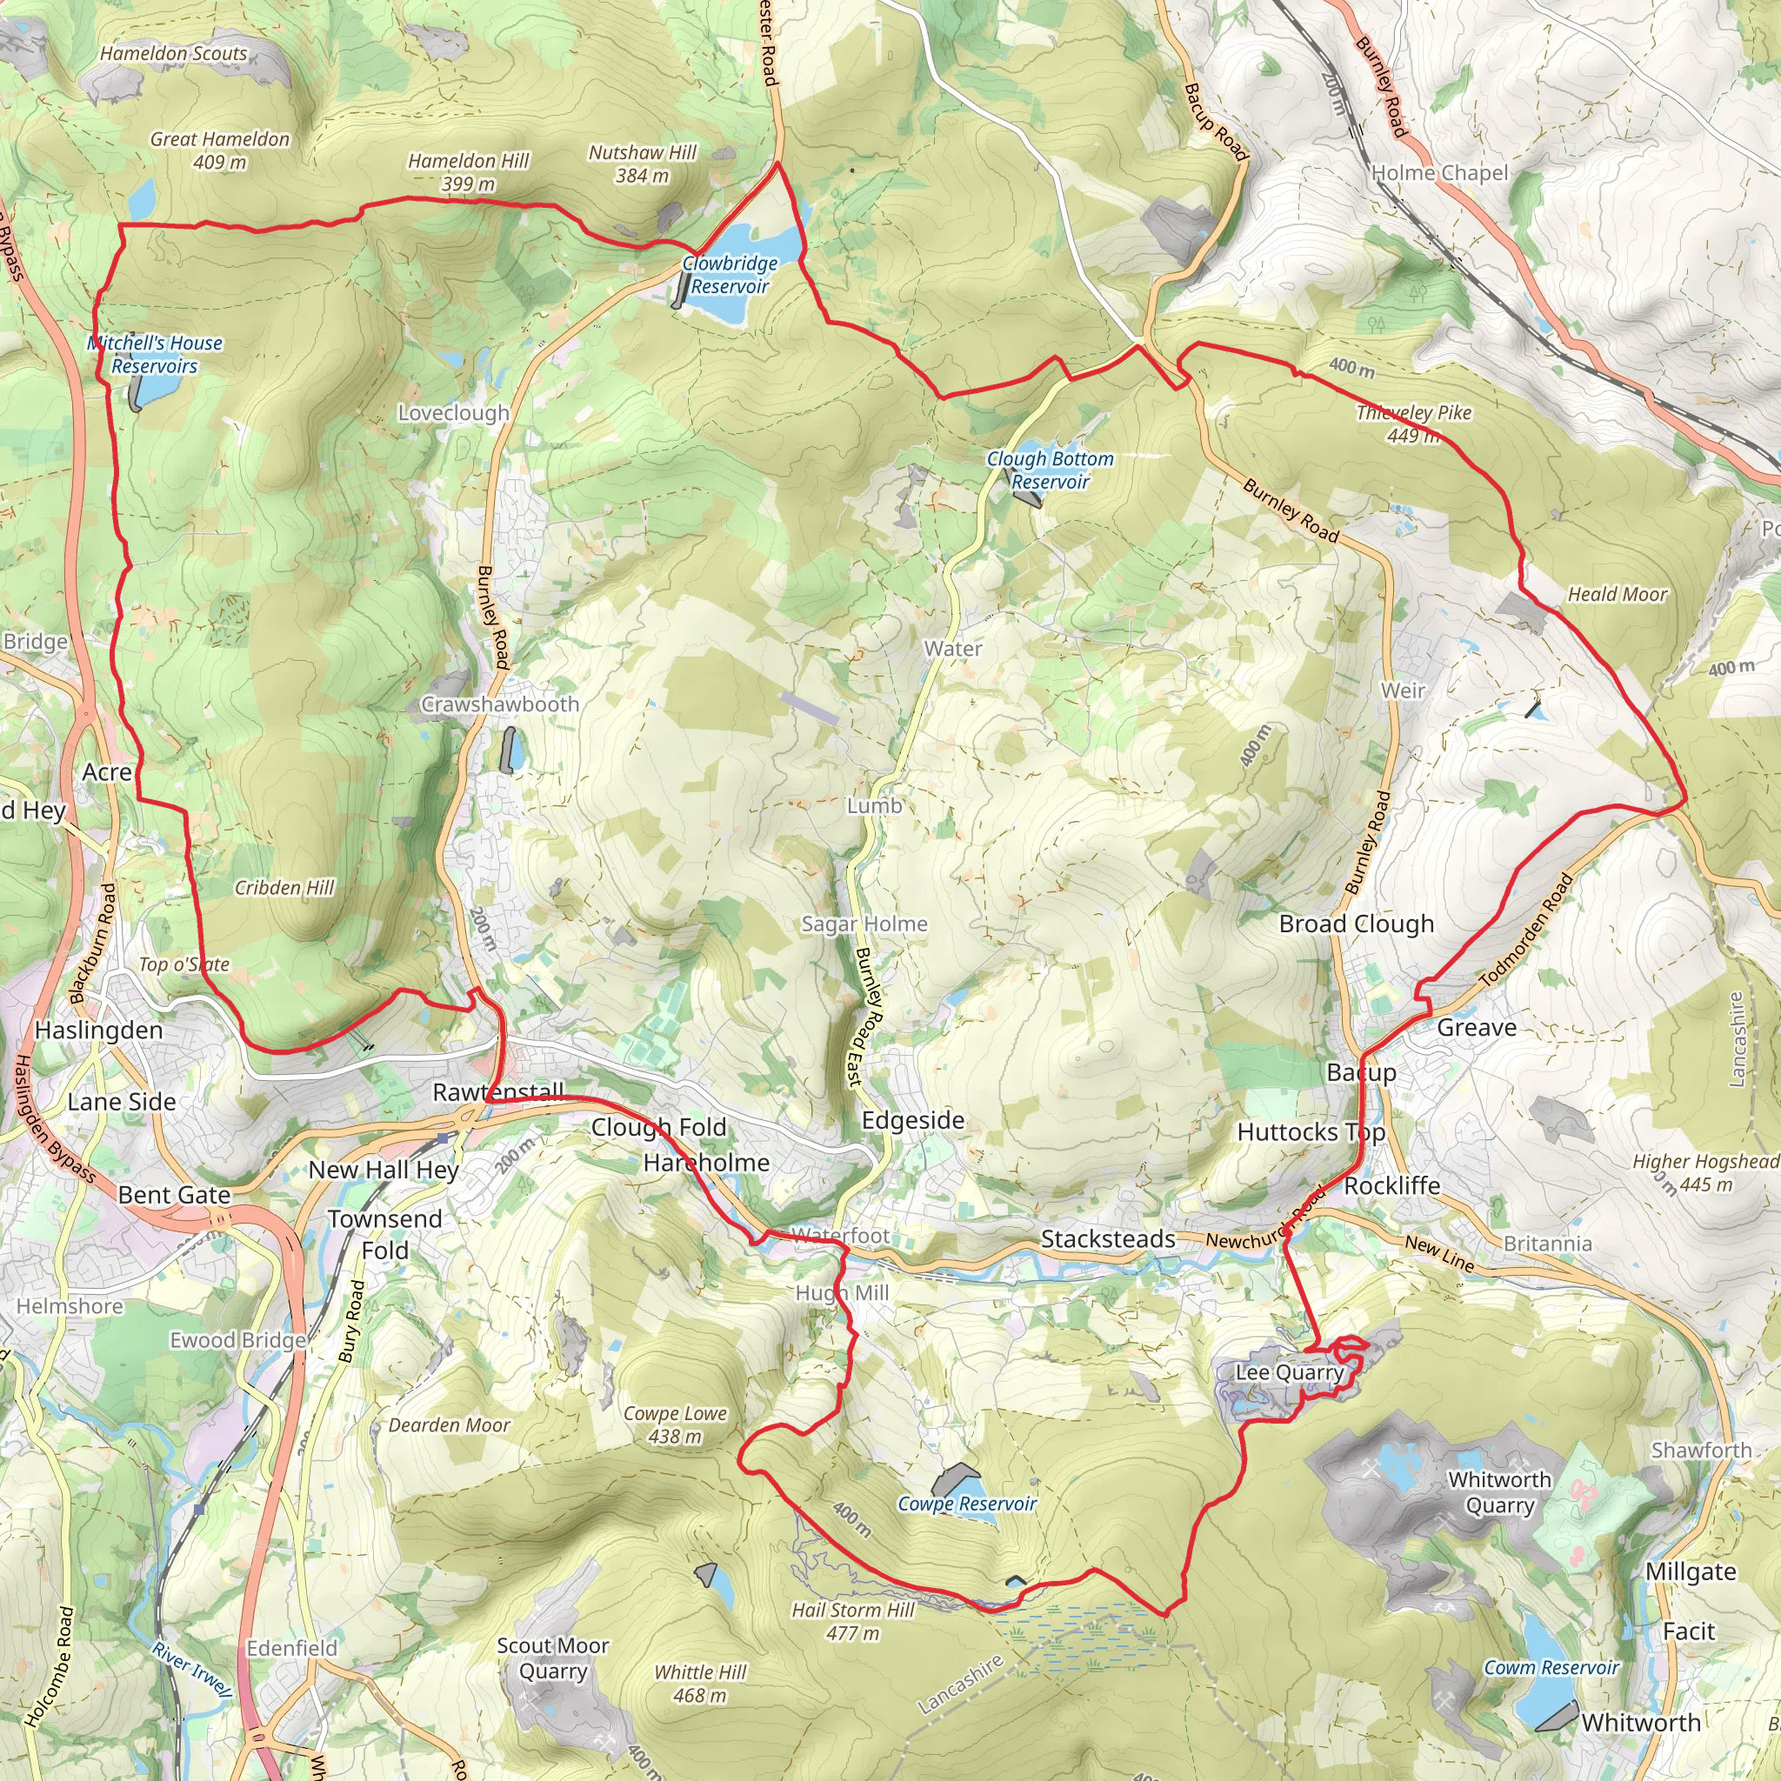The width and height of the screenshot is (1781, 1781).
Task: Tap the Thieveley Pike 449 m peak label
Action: (x=1413, y=424)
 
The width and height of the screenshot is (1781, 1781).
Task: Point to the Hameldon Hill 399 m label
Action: (x=469, y=172)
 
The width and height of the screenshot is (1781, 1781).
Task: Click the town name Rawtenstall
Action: (x=497, y=1091)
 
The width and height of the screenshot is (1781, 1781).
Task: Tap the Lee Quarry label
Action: (x=1289, y=1372)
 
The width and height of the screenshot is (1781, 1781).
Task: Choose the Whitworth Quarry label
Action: (x=1500, y=1491)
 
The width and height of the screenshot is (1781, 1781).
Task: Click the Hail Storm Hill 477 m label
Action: (x=853, y=1622)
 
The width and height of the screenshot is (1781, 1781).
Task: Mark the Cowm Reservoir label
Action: (x=1551, y=1667)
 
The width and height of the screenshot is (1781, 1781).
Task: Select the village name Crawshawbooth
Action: (x=501, y=704)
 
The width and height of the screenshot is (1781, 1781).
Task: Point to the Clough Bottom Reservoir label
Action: (x=1050, y=470)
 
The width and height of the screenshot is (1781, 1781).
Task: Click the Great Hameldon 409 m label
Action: (x=219, y=150)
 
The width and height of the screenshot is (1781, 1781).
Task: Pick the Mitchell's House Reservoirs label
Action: (x=155, y=354)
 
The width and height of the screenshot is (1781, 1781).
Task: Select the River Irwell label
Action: (x=191, y=1669)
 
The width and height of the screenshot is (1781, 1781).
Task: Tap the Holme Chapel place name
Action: (x=1440, y=173)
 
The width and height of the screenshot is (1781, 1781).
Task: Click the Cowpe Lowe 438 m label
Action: (x=675, y=1424)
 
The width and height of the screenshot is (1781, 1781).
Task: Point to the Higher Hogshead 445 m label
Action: (x=1705, y=1172)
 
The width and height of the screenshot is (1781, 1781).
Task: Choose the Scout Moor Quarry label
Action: (x=552, y=1658)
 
